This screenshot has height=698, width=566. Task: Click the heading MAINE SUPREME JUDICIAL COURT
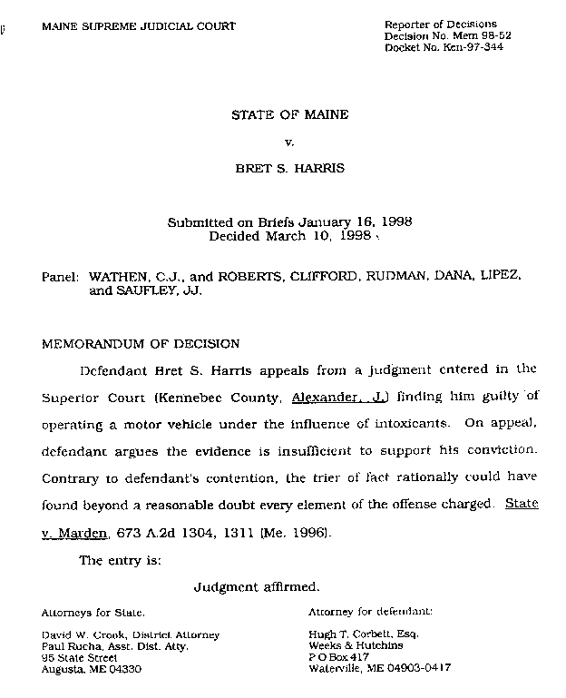coord(139,26)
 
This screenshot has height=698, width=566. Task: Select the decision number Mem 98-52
coord(475,36)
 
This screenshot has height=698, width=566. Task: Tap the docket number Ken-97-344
coord(470,47)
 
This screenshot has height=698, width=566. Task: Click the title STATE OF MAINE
coord(289,115)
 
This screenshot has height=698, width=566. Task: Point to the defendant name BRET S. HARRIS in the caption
coord(289,170)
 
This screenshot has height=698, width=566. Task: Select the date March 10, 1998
coord(318,236)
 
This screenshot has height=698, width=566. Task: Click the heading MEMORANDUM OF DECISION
coord(141,344)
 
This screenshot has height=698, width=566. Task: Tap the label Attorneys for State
coord(93,613)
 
